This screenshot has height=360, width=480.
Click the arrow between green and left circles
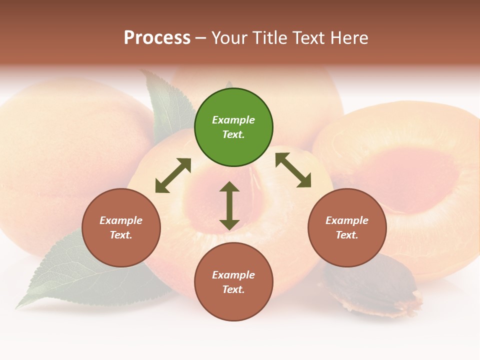tap(173, 175)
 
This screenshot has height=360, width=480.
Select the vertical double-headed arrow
tap(229, 206)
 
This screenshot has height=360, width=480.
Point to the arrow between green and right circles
tap(293, 170)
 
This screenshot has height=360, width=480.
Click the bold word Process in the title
tap(157, 38)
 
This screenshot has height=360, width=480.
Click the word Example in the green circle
tap(233, 120)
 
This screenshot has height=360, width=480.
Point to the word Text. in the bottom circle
tap(233, 289)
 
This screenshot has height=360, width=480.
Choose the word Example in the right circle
tap(347, 220)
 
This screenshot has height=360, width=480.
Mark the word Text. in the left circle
tap(121, 235)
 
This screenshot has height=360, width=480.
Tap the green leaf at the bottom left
tap(65, 275)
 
